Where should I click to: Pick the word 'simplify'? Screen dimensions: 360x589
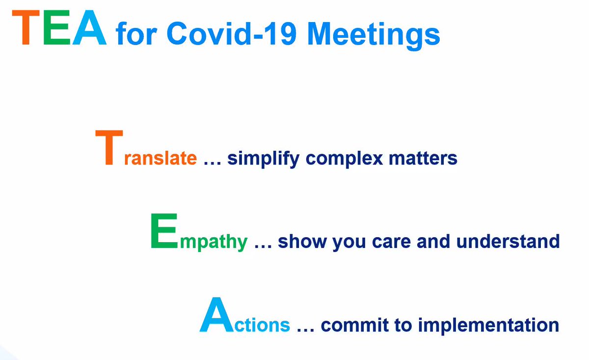(263, 159)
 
